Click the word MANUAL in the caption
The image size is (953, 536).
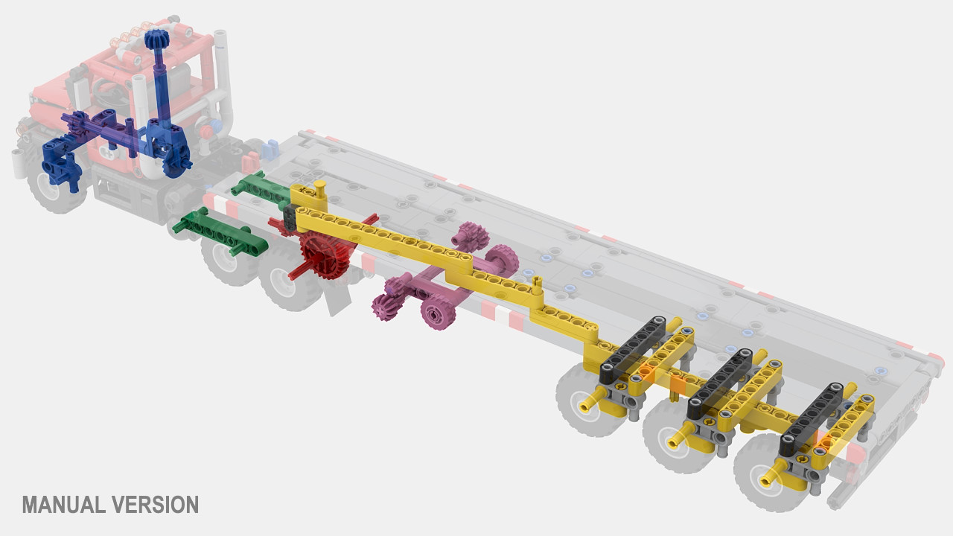[x=65, y=505]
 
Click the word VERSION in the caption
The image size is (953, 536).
[x=156, y=505]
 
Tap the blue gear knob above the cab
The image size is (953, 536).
[x=157, y=39]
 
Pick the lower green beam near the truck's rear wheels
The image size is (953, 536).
[x=220, y=232]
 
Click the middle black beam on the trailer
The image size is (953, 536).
[x=720, y=383]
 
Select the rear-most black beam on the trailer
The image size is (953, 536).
[x=812, y=418]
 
